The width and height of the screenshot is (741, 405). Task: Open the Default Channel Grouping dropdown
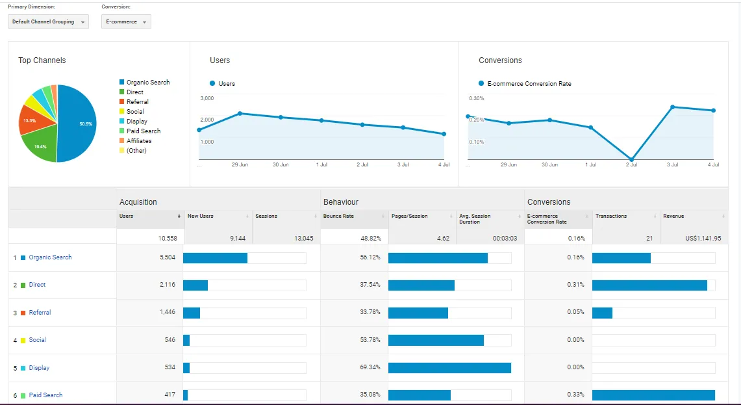click(x=48, y=22)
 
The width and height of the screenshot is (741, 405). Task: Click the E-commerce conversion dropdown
click(x=126, y=22)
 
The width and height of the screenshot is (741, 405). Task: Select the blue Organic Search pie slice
click(x=78, y=124)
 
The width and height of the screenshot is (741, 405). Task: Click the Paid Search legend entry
click(x=143, y=131)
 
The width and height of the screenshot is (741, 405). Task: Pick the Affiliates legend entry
click(x=138, y=141)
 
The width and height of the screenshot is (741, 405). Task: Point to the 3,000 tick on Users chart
click(x=207, y=99)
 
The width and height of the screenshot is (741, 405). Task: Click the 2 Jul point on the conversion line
click(x=631, y=159)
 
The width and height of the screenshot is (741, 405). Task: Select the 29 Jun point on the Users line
click(x=240, y=113)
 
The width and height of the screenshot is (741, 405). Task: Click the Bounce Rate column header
click(x=338, y=216)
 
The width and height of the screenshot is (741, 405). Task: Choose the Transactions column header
click(x=610, y=216)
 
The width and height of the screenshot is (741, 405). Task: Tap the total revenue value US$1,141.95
click(x=703, y=239)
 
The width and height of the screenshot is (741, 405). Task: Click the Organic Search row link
click(x=50, y=257)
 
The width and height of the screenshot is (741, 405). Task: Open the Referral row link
click(x=40, y=313)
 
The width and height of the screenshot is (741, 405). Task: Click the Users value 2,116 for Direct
click(x=168, y=285)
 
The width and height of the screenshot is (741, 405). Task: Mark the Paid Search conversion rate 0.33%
click(x=575, y=395)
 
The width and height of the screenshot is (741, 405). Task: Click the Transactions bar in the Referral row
click(x=602, y=313)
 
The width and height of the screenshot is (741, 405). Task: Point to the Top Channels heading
click(x=42, y=60)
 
